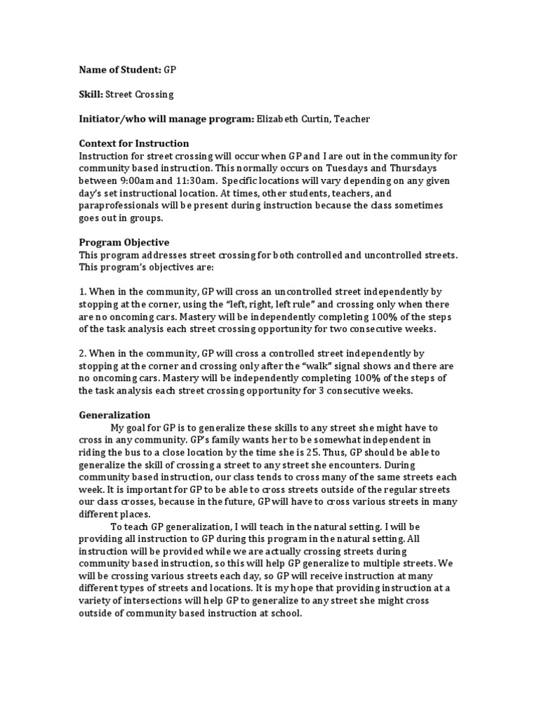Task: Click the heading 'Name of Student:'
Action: (x=119, y=71)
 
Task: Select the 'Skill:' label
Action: (x=90, y=94)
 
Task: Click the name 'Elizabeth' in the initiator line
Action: (x=278, y=119)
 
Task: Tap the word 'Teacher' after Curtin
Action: (x=352, y=119)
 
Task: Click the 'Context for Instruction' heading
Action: (x=134, y=143)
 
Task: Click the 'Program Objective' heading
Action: (x=124, y=243)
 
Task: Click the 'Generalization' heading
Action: (x=114, y=415)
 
